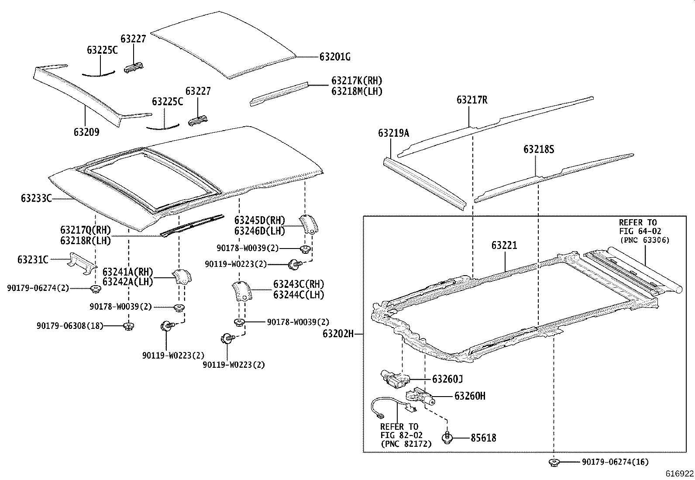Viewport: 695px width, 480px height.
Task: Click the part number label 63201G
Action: [x=335, y=57]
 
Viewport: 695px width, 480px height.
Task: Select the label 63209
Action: [x=86, y=132]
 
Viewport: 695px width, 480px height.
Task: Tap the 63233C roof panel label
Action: [x=36, y=199]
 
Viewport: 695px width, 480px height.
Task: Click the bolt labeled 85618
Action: [x=447, y=437]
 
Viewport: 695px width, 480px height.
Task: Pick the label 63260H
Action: [x=470, y=396]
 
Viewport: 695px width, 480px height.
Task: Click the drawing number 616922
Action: [x=679, y=473]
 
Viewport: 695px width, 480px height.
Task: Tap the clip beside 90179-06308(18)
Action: [x=128, y=326]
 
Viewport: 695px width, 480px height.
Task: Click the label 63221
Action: [x=504, y=245]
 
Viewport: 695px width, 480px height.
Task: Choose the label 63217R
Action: [x=472, y=100]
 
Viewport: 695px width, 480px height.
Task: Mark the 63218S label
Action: [x=539, y=149]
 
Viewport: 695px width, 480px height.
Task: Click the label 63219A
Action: [x=393, y=133]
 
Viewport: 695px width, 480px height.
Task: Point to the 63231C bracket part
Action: [x=81, y=262]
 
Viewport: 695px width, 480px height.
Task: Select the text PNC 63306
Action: [x=644, y=240]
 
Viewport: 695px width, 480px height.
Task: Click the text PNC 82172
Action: [x=406, y=444]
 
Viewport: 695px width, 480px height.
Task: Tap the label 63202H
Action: [x=338, y=334]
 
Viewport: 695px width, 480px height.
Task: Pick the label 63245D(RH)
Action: [x=259, y=220]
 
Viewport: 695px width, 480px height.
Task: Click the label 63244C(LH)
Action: [x=299, y=295]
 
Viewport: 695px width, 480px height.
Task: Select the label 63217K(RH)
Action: [x=357, y=81]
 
